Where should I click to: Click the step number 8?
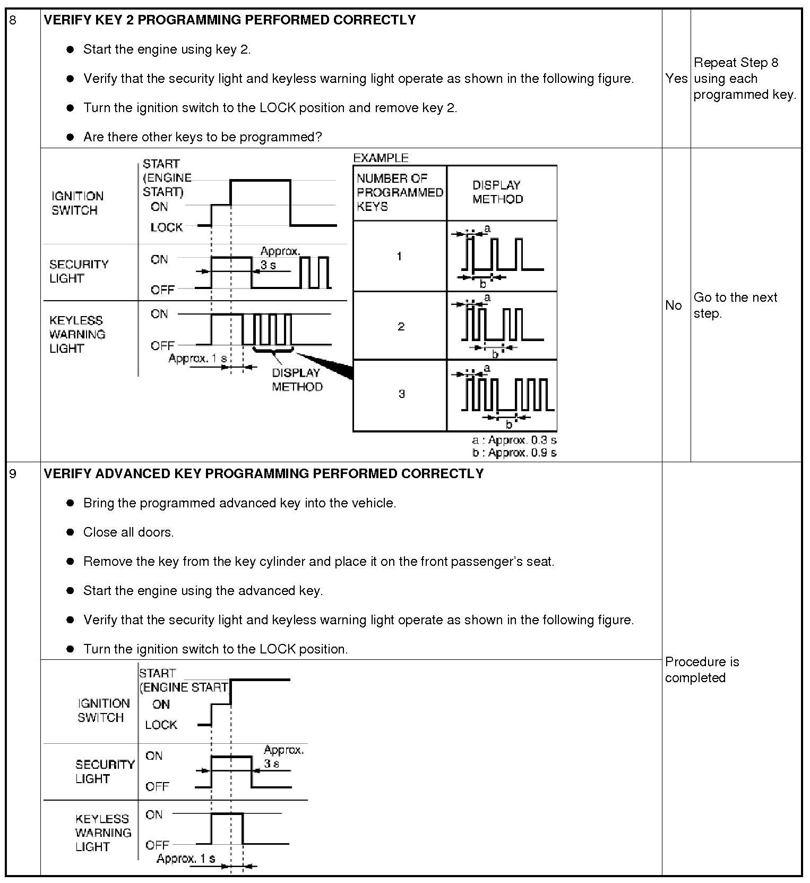pos(13,21)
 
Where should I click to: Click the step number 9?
pos(13,473)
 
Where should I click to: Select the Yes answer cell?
pos(676,79)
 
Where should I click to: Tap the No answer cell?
pos(673,305)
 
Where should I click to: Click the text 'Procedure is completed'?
pos(702,669)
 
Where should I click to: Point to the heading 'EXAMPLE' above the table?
pos(381,158)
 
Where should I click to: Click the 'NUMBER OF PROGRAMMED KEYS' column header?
pos(399,192)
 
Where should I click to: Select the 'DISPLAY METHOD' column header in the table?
pos(497,192)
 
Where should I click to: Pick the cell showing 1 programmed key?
pos(399,256)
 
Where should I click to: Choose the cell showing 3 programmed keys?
pos(401,394)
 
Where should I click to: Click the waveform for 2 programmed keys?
pos(502,325)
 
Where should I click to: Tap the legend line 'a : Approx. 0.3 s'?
pos(514,440)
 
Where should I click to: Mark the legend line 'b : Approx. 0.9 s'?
pos(514,453)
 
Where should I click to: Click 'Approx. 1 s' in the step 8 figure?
pos(197,358)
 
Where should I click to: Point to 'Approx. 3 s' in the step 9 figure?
pos(283,757)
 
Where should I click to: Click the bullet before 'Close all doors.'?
pos(70,532)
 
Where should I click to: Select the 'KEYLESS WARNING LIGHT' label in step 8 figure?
pos(77,334)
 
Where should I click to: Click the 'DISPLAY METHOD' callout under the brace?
pos(297,379)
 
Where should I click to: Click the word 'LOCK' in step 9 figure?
pos(161,725)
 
